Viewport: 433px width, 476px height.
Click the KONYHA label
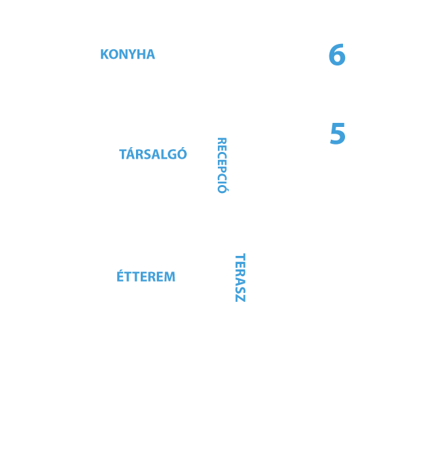tap(127, 54)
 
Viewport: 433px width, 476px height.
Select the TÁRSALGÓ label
tap(153, 153)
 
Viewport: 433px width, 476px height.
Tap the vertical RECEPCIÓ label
tap(222, 165)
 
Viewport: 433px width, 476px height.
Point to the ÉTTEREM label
tap(145, 275)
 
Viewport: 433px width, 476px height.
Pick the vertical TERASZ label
tap(240, 277)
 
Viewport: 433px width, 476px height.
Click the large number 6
tap(337, 55)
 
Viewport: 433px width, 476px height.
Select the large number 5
tap(338, 134)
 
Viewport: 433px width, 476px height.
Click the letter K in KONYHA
tap(104, 54)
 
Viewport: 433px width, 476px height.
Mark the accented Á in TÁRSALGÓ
tap(132, 153)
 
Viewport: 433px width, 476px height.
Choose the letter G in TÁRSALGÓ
tap(172, 155)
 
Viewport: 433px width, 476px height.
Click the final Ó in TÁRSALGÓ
tap(182, 153)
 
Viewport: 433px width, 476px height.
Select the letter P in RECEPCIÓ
tap(222, 171)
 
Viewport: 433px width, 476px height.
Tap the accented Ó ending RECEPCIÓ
tap(223, 188)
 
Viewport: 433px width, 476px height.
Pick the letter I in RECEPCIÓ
tap(222, 181)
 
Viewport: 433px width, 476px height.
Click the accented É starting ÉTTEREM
tap(120, 275)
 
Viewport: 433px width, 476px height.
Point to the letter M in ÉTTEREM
tap(169, 277)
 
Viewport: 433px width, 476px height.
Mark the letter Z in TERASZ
tap(240, 298)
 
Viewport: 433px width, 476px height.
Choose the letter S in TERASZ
tap(240, 290)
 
